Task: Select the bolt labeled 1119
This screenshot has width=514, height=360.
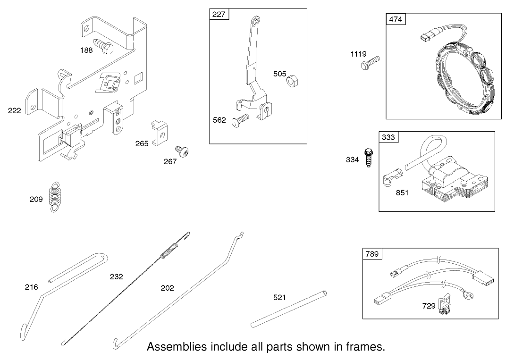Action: (x=371, y=64)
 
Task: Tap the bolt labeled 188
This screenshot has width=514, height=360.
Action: (x=103, y=45)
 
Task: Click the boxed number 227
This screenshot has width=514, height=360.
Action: (x=219, y=14)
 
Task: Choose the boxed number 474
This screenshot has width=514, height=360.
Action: (x=396, y=19)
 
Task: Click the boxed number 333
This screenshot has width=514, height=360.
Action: (x=388, y=137)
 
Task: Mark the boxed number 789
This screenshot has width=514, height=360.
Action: (x=372, y=254)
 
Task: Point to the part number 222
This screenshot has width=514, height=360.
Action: (x=15, y=111)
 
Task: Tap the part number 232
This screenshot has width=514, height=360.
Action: (x=116, y=276)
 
